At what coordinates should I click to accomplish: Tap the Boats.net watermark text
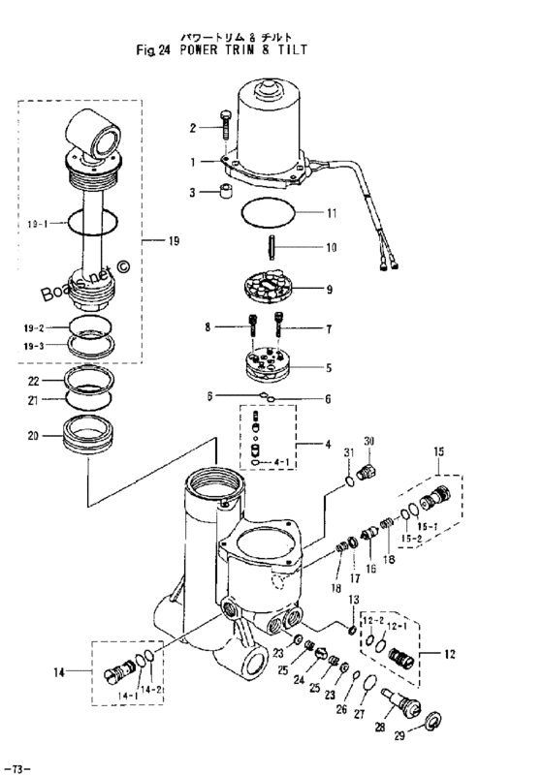point(86,281)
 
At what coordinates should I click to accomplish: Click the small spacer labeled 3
point(227,192)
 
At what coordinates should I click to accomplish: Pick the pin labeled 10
point(272,248)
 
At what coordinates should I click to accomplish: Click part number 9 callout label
point(330,290)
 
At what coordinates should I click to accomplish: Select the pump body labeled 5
point(267,366)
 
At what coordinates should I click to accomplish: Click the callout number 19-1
point(37,225)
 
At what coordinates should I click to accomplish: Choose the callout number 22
point(33,381)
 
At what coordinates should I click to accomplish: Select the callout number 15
point(438,451)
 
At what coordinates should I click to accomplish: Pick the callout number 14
point(59,672)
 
